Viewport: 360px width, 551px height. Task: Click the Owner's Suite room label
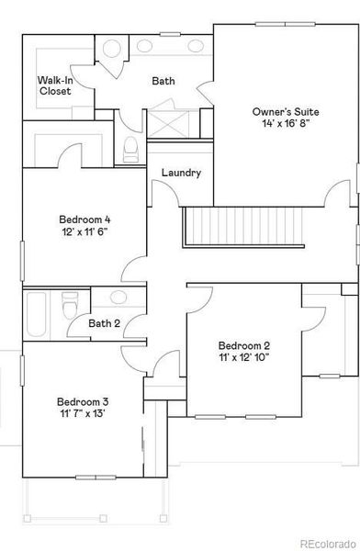pos(285,111)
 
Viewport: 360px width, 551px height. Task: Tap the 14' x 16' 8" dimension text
pos(285,125)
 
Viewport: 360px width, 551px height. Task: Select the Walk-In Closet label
pos(55,86)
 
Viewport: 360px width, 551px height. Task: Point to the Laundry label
pos(181,173)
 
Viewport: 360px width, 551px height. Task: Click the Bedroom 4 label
pos(84,219)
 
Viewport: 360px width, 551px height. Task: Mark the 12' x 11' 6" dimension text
pos(84,233)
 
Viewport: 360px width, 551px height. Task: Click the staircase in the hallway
pos(244,227)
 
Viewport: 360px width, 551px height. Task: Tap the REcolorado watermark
pos(326,543)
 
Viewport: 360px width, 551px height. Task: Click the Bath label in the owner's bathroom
pos(163,81)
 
